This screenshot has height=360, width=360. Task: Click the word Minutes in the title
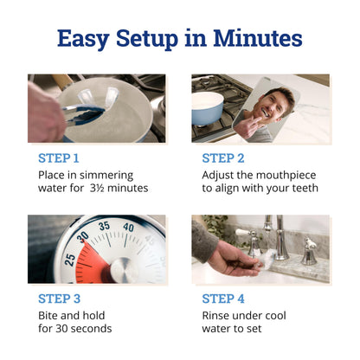click(x=258, y=38)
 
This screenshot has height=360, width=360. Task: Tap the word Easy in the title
click(x=83, y=39)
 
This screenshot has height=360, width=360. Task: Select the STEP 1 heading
click(x=59, y=158)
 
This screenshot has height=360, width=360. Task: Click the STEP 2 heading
click(x=223, y=158)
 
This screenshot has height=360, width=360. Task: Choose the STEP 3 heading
click(x=59, y=299)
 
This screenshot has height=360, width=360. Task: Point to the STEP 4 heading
click(x=223, y=299)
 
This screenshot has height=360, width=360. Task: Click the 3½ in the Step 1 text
click(x=97, y=188)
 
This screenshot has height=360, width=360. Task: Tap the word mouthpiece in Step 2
click(x=286, y=176)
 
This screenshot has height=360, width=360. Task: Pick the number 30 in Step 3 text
click(x=61, y=329)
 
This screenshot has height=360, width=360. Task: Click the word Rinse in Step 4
click(x=214, y=315)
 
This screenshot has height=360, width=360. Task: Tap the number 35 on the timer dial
click(x=104, y=226)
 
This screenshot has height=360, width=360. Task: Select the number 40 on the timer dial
click(x=128, y=228)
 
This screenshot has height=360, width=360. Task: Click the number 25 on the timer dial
click(x=70, y=260)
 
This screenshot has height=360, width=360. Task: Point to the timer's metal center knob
click(x=124, y=270)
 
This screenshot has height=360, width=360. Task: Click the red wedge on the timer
click(x=93, y=261)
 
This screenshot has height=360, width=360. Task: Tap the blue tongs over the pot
click(x=84, y=115)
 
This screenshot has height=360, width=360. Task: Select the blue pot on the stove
click(x=208, y=108)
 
